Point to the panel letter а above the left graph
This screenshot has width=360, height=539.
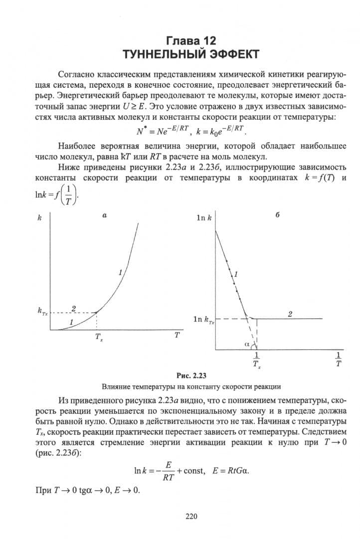tap(105, 215)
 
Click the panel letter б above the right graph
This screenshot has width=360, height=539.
tap(277, 216)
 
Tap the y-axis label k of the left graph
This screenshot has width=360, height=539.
tap(39, 218)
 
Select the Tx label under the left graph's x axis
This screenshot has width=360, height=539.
tap(99, 337)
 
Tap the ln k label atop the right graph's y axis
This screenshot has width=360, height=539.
tap(204, 218)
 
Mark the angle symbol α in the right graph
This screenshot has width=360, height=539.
tap(247, 344)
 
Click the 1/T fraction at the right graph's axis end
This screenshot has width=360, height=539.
tap(339, 359)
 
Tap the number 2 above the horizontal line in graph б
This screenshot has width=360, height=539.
tap(290, 313)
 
